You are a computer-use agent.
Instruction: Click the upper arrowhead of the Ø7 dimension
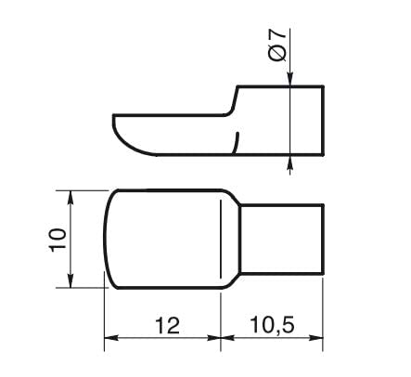292,79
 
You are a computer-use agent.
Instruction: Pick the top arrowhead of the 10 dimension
71,195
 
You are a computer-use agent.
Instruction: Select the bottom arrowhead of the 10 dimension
71,282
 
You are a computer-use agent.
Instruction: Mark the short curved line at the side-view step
238,142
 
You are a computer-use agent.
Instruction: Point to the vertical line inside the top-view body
220,239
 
